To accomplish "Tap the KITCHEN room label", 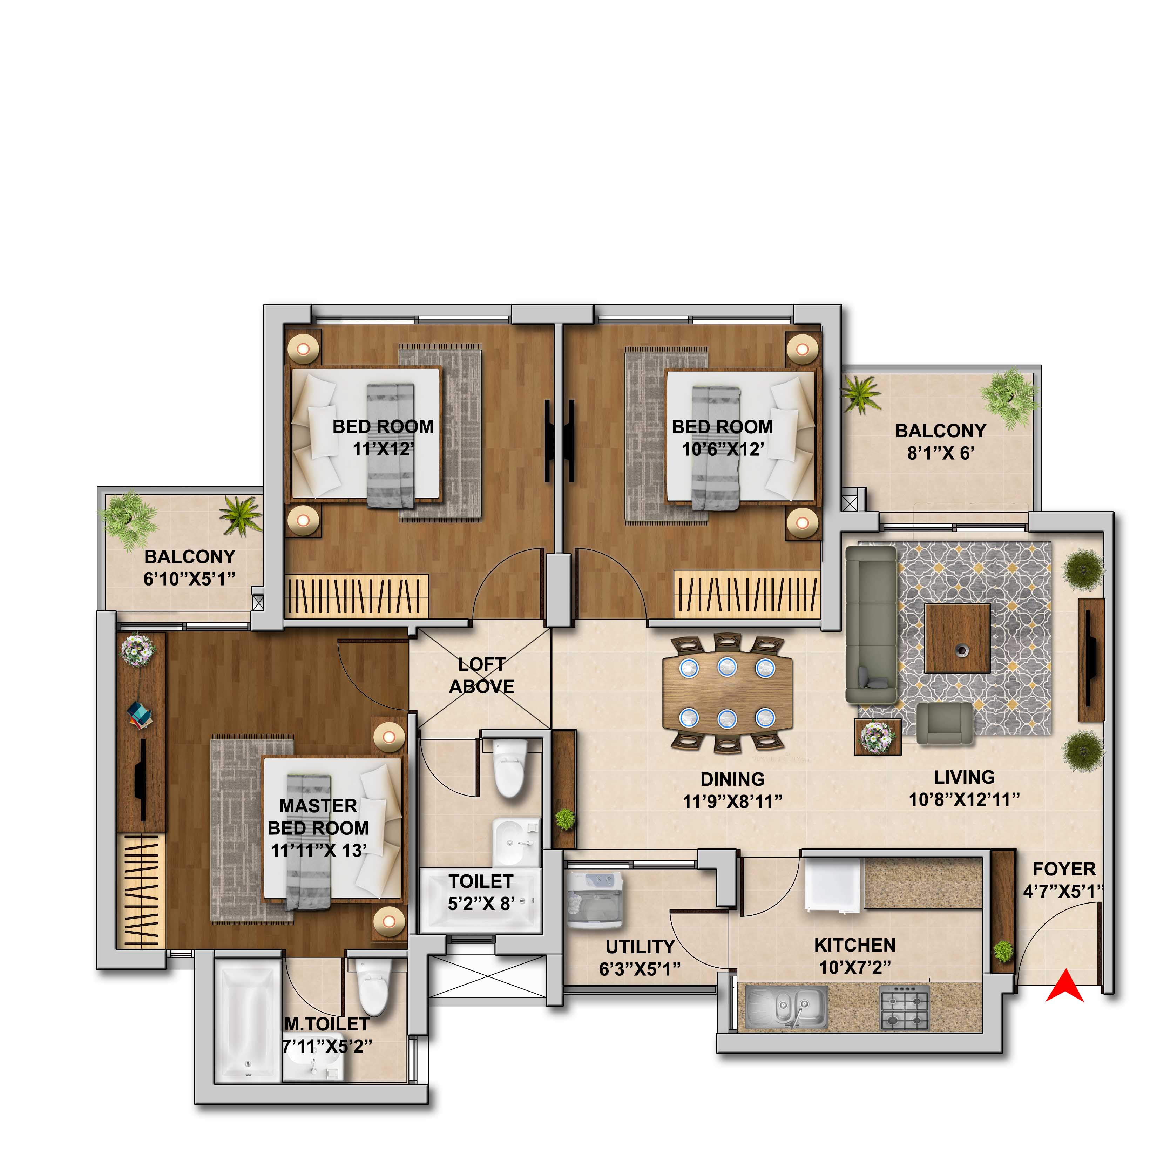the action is click(854, 945).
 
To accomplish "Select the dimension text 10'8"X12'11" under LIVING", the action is click(964, 799).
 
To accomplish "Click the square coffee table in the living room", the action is click(957, 638).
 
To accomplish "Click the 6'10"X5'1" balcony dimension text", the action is click(189, 578).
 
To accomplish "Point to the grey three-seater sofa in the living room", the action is click(871, 624).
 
